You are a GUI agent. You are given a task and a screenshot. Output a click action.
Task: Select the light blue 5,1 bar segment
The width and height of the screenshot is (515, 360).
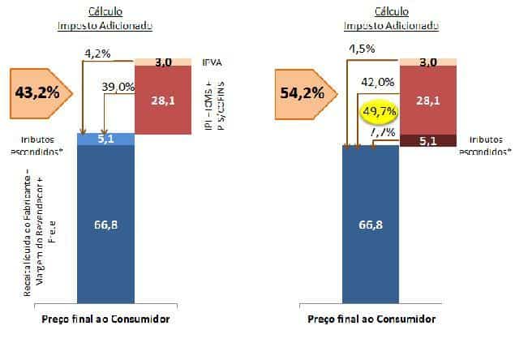[x=105, y=139]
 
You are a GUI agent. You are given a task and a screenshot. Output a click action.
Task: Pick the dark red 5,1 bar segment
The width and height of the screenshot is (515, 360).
[x=430, y=139]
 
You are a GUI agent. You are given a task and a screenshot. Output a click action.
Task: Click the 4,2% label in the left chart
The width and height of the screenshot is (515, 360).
[x=98, y=54]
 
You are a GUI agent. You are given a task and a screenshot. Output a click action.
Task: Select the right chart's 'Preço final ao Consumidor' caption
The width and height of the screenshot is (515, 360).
[x=371, y=319]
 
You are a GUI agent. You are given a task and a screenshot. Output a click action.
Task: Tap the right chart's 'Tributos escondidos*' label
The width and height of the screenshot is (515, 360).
[x=487, y=145]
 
